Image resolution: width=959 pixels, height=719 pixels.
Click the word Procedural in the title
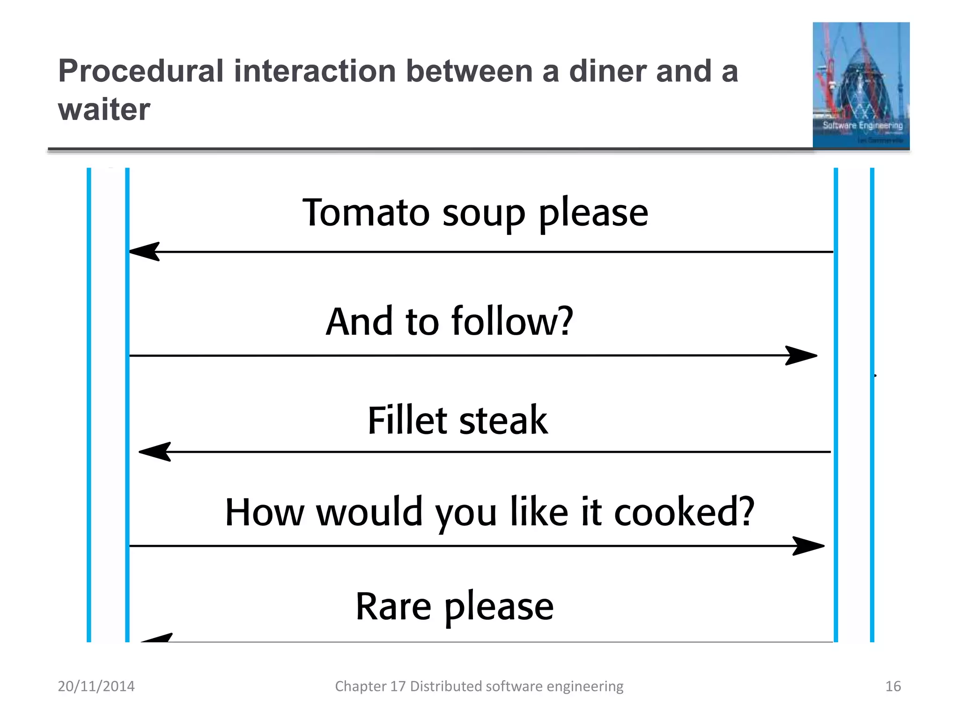point(141,72)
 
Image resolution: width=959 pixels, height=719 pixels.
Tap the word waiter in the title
point(104,110)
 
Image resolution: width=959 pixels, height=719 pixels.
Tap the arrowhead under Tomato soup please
point(145,252)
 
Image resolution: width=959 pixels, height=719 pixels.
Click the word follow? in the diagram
point(512,322)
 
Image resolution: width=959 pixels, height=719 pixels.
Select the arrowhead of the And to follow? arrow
point(801,356)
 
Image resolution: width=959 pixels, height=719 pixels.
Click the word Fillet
point(407,420)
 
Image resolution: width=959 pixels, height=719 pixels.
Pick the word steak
point(503,420)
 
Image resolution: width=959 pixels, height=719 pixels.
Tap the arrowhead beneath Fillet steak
point(155,452)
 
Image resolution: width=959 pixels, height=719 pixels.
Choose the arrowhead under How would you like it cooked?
point(808,546)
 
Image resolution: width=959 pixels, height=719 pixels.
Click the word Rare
point(393,607)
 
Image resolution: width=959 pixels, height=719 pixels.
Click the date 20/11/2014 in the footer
point(96,686)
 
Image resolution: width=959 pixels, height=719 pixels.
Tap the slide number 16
point(893,686)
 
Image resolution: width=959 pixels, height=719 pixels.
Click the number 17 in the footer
point(398,686)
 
